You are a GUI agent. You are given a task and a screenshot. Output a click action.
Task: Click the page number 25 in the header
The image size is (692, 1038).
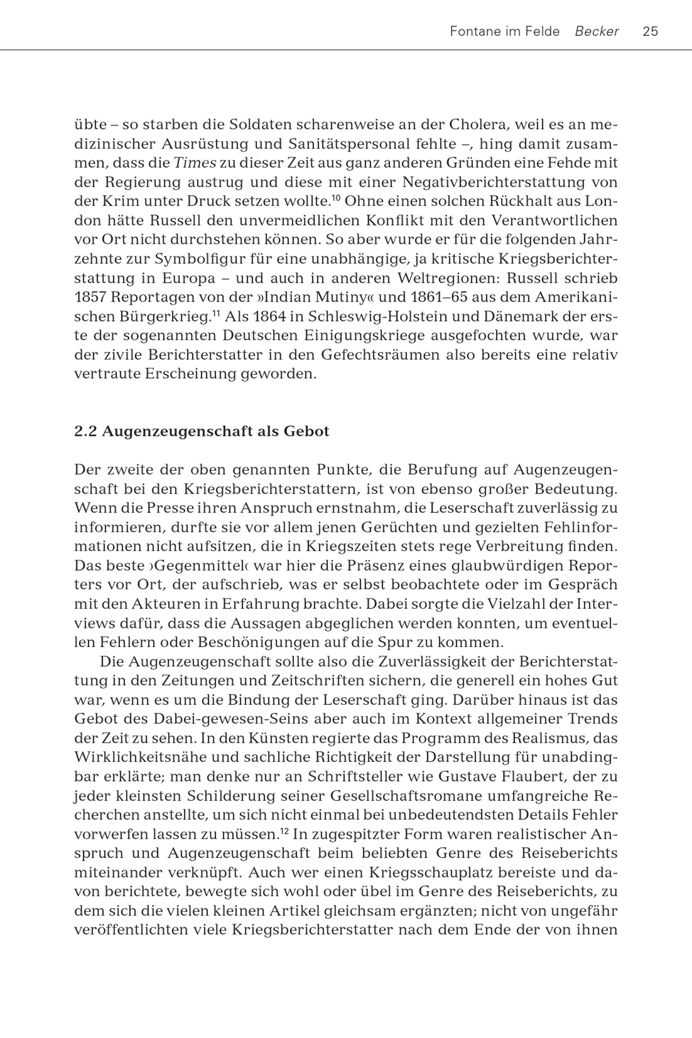(650, 31)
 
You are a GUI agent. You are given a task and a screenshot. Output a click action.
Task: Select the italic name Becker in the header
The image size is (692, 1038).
(597, 31)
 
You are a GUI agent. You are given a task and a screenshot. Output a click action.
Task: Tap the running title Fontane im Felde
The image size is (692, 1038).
(504, 31)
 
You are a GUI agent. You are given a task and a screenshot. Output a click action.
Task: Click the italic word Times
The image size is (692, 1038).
(194, 163)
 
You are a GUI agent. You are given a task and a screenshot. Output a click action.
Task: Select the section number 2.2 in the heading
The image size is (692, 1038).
(85, 431)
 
